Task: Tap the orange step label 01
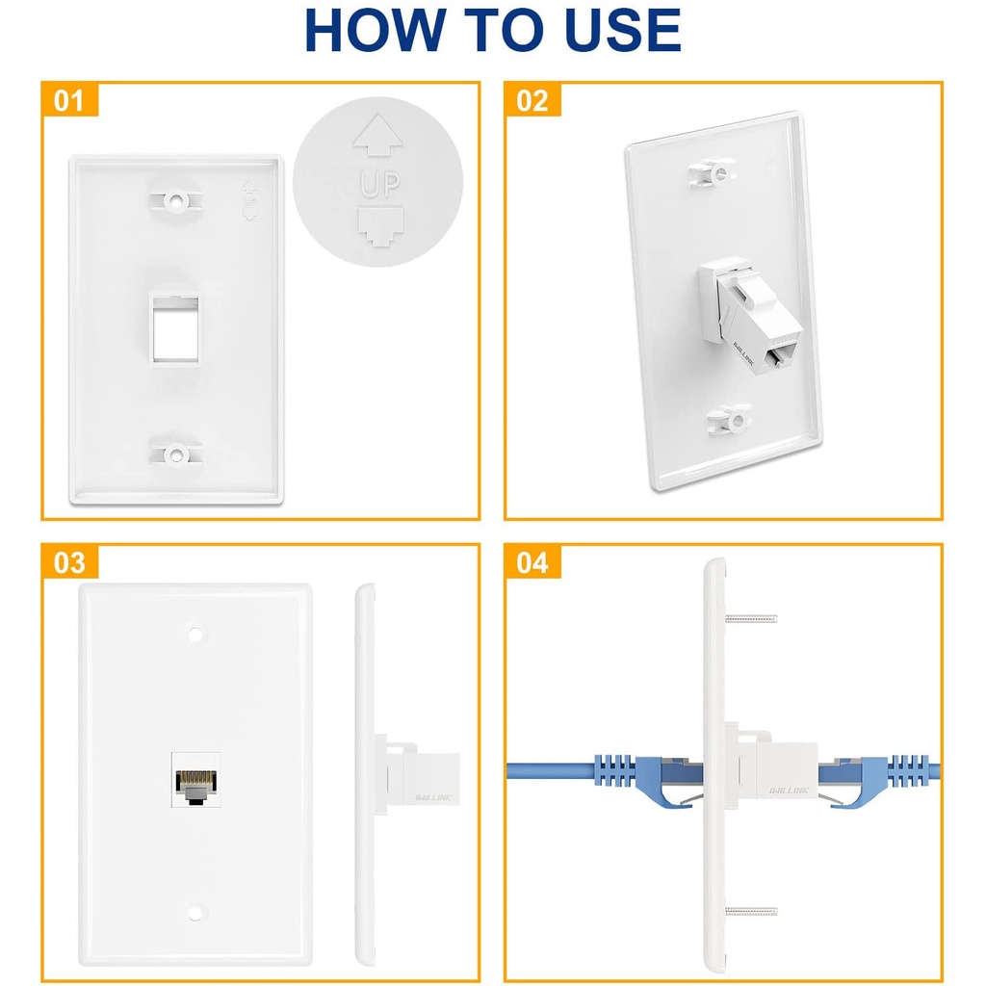[69, 100]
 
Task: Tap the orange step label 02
[532, 100]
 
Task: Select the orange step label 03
[69, 563]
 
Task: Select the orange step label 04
[532, 563]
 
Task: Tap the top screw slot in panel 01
[175, 202]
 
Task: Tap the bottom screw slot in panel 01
[175, 453]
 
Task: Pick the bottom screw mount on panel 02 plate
[729, 420]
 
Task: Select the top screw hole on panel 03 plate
[195, 635]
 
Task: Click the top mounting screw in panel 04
[751, 617]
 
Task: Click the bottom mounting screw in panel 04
[751, 910]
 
